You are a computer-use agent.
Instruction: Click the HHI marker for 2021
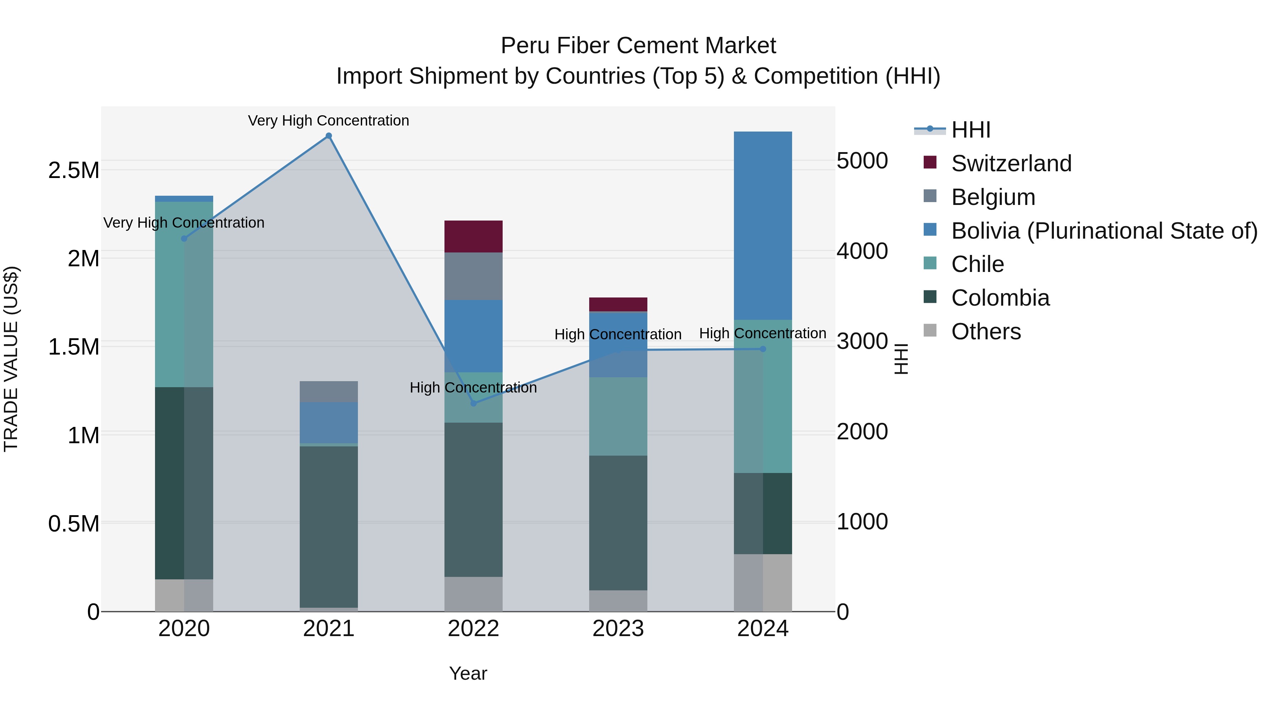(329, 136)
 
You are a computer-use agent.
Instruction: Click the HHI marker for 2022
(474, 403)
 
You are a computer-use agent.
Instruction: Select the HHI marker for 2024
(763, 349)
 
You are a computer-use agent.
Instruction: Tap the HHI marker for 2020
(184, 238)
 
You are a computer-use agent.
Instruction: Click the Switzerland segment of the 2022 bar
(474, 236)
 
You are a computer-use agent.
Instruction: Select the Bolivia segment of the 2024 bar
(763, 226)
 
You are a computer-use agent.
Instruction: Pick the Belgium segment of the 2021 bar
(329, 391)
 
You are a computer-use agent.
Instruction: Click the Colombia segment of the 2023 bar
(618, 523)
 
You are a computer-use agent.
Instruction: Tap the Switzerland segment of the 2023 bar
(618, 304)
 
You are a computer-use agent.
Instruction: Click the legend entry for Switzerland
(1011, 163)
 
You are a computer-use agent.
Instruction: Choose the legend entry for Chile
(978, 264)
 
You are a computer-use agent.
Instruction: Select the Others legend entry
(986, 332)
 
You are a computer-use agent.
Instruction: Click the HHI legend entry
(971, 130)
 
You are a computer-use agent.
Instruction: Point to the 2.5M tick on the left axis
(73, 171)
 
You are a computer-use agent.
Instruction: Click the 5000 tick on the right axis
(862, 161)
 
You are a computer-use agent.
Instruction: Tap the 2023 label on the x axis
(618, 629)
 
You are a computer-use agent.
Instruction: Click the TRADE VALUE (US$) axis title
(11, 359)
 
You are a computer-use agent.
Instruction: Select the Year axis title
(468, 673)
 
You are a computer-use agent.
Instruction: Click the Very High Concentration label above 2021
(329, 121)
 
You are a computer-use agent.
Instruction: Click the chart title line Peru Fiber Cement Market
(638, 46)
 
